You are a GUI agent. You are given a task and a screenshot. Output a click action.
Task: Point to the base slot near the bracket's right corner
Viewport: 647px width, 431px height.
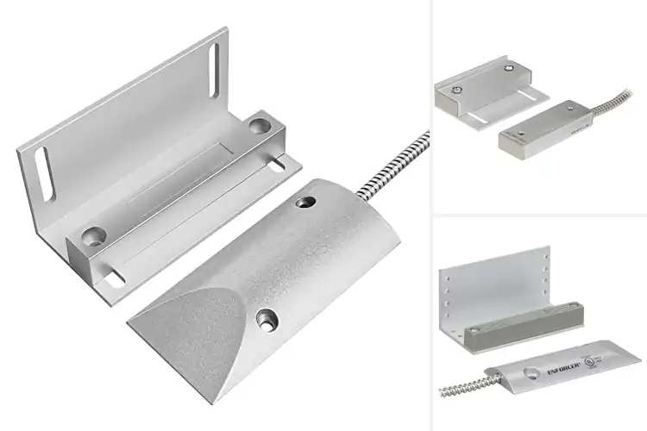pos(281,161)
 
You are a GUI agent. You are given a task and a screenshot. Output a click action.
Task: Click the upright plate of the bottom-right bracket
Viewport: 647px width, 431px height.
pos(496,284)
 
